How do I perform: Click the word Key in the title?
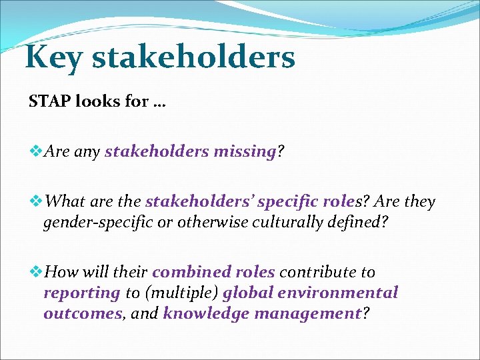tap(53, 57)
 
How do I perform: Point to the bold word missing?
tap(245, 152)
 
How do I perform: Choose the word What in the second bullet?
tap(66, 201)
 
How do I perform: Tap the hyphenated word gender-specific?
tap(92, 222)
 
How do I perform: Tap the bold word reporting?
tap(81, 293)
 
